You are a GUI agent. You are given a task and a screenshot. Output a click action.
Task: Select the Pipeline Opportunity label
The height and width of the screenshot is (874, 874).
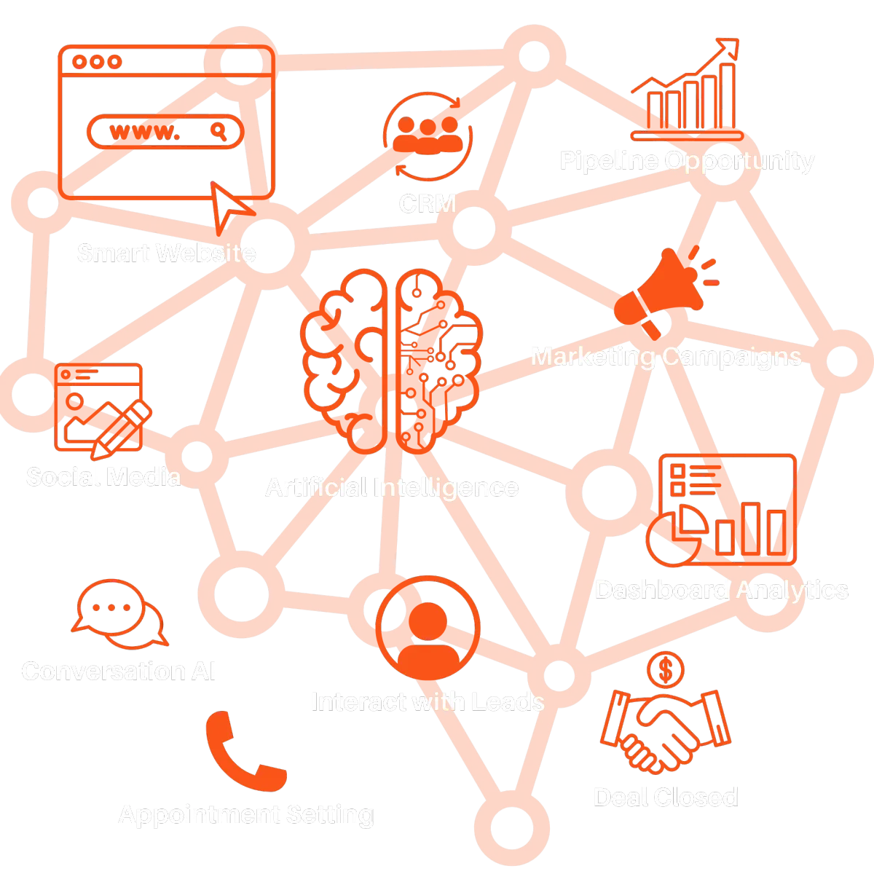[686, 160]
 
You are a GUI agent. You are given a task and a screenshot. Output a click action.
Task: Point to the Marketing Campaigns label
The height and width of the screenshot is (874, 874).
[665, 356]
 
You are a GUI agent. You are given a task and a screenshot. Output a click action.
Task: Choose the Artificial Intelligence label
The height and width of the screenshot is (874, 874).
[392, 487]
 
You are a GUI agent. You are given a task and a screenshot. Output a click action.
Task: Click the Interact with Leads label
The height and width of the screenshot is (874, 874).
[427, 701]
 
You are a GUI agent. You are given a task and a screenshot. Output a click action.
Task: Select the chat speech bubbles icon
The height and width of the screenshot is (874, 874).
[118, 615]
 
